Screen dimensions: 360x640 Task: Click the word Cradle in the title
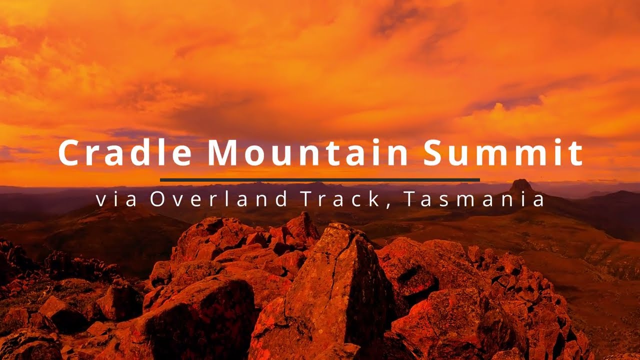click(x=125, y=152)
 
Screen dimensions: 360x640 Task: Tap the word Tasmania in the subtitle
click(x=473, y=199)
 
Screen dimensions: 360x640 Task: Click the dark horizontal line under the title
click(x=320, y=179)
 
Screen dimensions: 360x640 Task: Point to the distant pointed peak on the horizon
click(x=521, y=185)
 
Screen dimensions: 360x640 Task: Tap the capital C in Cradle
click(x=69, y=152)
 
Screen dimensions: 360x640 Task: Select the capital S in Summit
click(x=436, y=152)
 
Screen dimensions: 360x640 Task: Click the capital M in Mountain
click(x=220, y=152)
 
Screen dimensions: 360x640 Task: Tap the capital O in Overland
click(x=156, y=199)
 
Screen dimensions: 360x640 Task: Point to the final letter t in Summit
click(x=577, y=152)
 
